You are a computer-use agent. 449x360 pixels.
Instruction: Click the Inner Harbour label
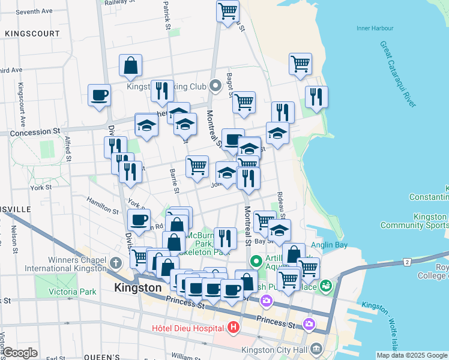[x=375, y=28]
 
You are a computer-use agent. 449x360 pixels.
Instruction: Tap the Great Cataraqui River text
[x=397, y=74]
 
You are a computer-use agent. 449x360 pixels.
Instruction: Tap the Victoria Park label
[x=73, y=292]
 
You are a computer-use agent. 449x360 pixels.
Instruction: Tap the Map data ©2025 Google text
[x=411, y=355]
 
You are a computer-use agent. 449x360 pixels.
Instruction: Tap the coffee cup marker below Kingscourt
[x=99, y=94]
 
